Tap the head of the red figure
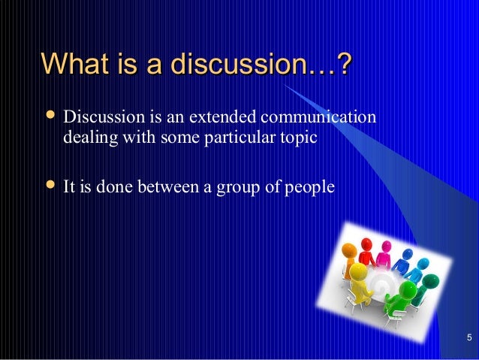click(366, 244)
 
